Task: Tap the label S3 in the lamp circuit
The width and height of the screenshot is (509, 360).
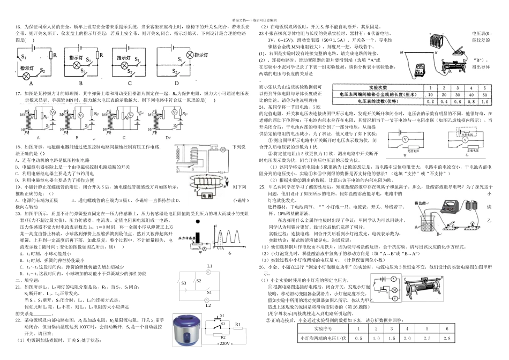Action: [x=184, y=283]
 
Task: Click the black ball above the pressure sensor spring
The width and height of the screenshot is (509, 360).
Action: [x=199, y=221]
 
